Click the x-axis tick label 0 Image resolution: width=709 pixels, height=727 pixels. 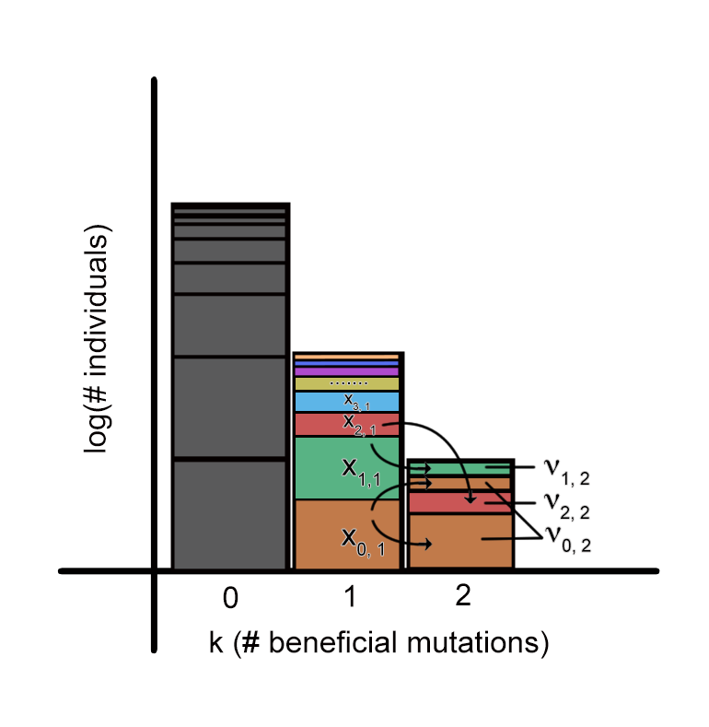(x=230, y=599)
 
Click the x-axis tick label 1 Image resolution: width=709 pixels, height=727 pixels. (x=350, y=598)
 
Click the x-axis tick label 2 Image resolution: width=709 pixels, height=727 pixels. (x=462, y=595)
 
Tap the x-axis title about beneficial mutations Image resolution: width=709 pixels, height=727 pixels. (x=378, y=642)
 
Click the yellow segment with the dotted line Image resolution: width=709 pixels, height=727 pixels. (x=347, y=383)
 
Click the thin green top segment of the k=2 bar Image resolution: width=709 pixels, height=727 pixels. (x=460, y=468)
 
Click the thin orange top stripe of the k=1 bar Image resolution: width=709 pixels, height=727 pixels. (x=347, y=357)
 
